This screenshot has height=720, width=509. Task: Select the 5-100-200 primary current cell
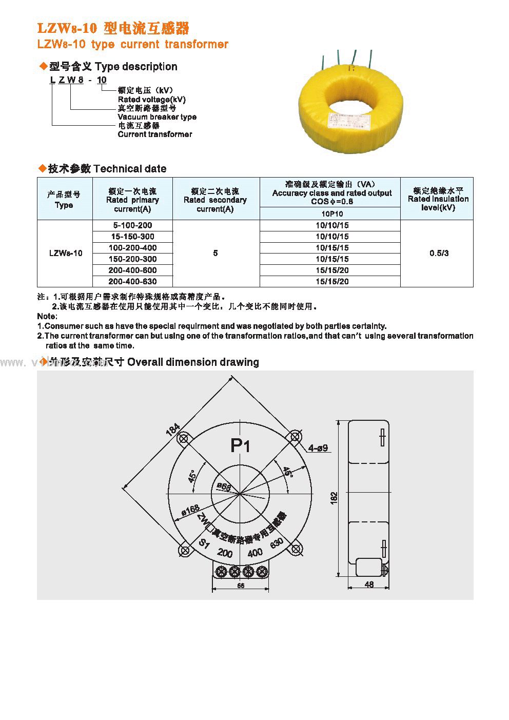[132, 225]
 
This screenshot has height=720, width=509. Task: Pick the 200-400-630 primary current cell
[132, 281]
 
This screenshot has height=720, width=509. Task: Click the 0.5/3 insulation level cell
[439, 253]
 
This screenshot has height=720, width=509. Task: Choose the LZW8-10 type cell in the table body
[65, 253]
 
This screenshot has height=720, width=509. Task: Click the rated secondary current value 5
[216, 253]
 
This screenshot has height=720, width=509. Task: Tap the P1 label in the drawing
[240, 446]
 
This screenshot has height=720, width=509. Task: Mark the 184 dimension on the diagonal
[172, 430]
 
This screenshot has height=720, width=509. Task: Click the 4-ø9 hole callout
[318, 448]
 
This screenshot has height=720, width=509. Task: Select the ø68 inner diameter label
[224, 486]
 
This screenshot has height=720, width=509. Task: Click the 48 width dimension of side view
[369, 584]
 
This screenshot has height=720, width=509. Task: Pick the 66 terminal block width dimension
[241, 586]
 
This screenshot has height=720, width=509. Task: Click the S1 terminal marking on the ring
[204, 544]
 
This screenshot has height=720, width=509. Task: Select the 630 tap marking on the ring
[277, 544]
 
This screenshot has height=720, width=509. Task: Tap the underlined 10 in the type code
[102, 80]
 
